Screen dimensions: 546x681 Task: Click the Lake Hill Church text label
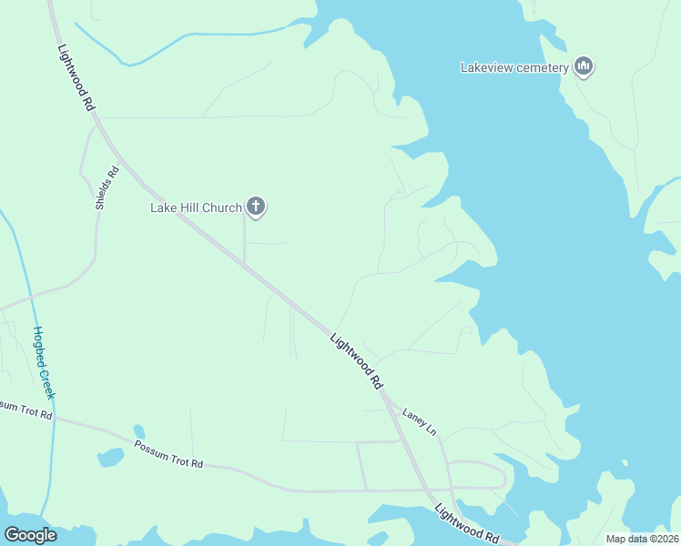[x=196, y=207]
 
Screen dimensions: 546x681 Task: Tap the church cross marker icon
[x=257, y=207]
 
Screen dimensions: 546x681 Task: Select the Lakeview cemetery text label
[x=514, y=66]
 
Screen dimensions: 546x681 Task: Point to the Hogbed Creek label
[x=44, y=362]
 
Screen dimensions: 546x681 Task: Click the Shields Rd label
[x=107, y=187]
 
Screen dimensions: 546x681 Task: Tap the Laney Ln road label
[x=420, y=420]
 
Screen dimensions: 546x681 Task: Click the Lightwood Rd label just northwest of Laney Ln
[x=357, y=361]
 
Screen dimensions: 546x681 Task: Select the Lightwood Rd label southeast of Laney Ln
[x=468, y=523]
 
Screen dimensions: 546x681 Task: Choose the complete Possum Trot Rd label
[x=168, y=454]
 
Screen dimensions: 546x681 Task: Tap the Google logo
[x=31, y=535]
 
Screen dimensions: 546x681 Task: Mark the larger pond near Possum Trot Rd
[x=110, y=457]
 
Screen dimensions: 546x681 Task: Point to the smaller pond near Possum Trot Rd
[x=138, y=430]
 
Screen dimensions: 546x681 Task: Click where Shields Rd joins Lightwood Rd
[x=95, y=126]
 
